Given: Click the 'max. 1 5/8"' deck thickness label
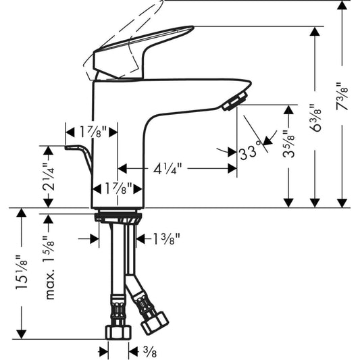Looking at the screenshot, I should coord(49,267).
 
